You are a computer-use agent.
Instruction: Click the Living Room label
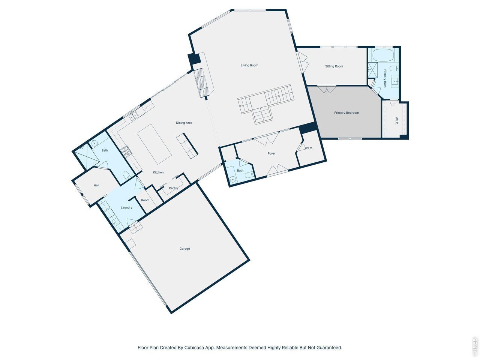click(249, 66)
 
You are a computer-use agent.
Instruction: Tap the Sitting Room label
click(334, 66)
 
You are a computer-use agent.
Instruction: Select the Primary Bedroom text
click(346, 113)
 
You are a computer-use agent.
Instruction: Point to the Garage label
click(184, 249)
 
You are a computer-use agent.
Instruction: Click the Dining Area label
click(184, 123)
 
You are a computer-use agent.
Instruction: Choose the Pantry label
click(173, 188)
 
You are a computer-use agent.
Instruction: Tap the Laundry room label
click(126, 208)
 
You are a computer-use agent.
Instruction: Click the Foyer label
click(271, 154)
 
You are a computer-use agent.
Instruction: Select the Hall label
click(96, 186)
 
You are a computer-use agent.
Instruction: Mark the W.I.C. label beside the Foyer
click(309, 148)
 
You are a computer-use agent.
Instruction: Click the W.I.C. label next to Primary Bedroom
click(396, 121)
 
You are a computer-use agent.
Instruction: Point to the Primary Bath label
click(385, 78)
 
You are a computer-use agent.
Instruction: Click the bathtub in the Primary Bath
click(382, 55)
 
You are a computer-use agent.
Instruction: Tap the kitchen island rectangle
click(154, 144)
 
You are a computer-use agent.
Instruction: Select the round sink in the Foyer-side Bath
click(233, 179)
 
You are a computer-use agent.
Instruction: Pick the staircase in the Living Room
click(265, 103)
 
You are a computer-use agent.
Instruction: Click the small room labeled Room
click(145, 200)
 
